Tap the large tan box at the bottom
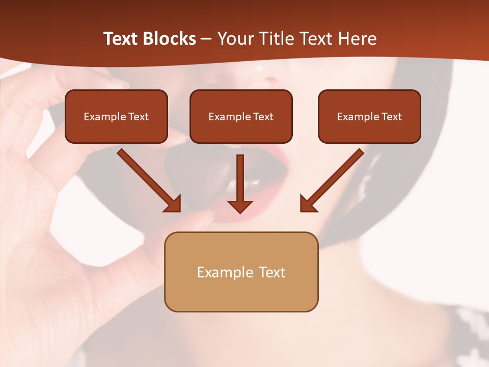click(241, 293)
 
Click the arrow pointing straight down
click(240, 183)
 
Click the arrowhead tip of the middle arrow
click(240, 211)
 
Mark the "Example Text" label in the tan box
click(241, 272)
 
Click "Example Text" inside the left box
click(116, 117)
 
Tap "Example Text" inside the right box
click(369, 117)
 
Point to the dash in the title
click(206, 39)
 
